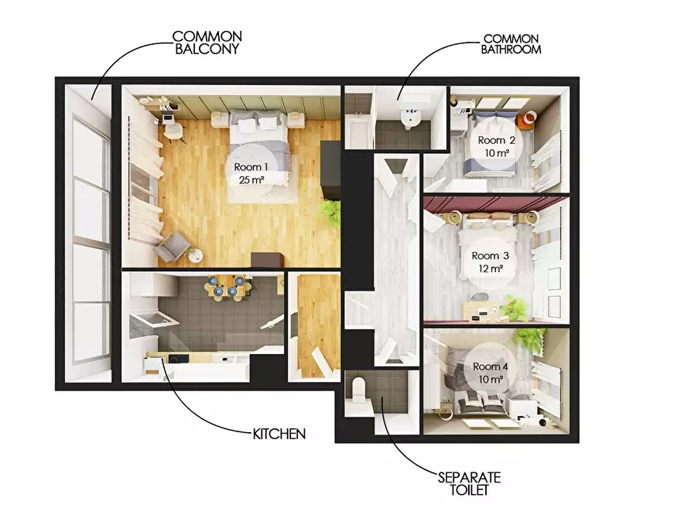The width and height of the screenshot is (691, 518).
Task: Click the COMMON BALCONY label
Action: point(207,43)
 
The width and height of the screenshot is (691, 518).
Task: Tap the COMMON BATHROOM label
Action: point(511,44)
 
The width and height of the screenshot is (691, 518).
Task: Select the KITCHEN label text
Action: point(279,434)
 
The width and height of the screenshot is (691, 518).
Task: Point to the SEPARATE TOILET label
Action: point(470,483)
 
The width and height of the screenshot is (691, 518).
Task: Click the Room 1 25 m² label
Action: point(251,173)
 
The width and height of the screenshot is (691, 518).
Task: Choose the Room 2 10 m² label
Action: point(497,147)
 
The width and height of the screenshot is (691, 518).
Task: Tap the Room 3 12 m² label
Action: point(490,261)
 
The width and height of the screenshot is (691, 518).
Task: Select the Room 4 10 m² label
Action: point(491,373)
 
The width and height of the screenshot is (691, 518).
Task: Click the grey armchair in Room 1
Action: point(170,246)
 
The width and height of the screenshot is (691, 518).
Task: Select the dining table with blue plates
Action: point(225,286)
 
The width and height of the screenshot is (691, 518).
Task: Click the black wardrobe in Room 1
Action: point(330,170)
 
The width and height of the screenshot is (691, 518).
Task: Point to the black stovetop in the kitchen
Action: point(179,360)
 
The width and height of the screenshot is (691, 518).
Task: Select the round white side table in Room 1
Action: point(194,255)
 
